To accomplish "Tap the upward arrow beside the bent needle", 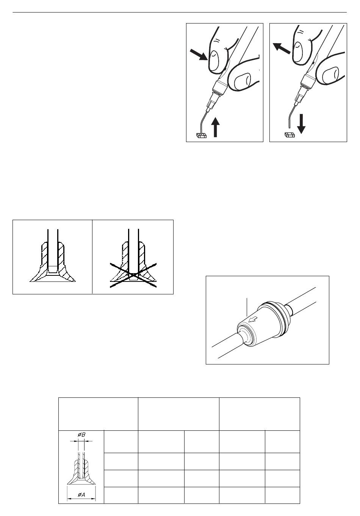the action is [216, 127].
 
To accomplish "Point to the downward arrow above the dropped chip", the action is [301, 124].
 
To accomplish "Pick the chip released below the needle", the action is [290, 134].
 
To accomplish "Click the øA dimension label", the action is [81, 494].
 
